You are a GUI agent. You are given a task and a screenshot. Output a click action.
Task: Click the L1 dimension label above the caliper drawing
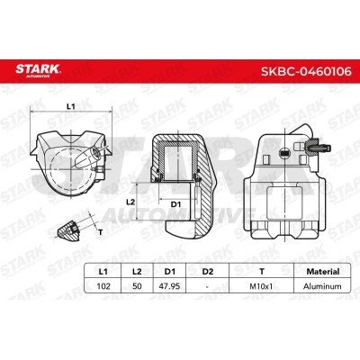[x=72, y=107]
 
